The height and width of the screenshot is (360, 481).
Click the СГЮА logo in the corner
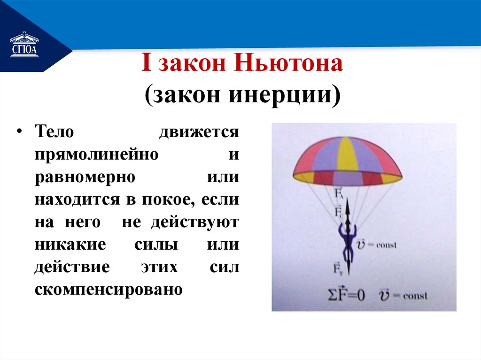pos(24,45)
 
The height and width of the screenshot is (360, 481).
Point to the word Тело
pos(54,131)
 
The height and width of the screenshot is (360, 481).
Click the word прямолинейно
pos(95,154)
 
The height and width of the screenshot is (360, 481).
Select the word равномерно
pos(85,177)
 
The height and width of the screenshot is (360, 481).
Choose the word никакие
pos(69,245)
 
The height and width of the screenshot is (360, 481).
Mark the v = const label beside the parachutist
pos(377,245)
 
